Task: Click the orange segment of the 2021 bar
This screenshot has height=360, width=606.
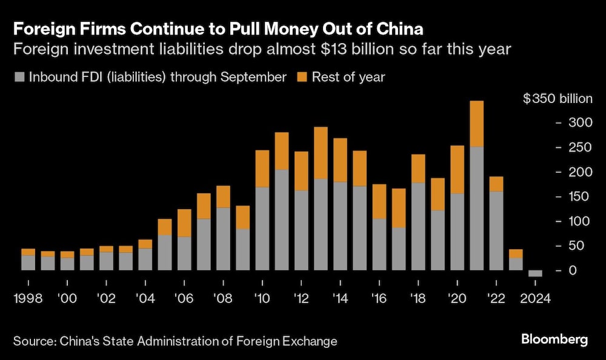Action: click(x=476, y=124)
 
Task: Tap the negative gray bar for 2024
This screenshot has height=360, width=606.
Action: click(x=535, y=273)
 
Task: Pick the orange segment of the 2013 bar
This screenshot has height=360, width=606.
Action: click(x=321, y=153)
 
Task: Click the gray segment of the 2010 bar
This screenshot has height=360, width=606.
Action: click(x=262, y=228)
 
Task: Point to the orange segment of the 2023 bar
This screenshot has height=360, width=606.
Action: click(x=516, y=253)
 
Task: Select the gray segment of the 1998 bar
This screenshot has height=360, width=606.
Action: click(x=28, y=262)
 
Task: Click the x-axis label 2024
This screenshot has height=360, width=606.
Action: click(x=535, y=298)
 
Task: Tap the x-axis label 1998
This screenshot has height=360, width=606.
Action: click(x=28, y=298)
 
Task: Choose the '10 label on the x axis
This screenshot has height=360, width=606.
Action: click(x=262, y=298)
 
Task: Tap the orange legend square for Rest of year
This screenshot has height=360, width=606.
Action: click(x=301, y=78)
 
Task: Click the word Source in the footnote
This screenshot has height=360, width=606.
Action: click(x=33, y=341)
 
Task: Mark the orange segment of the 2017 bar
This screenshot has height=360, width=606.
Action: click(x=399, y=208)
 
